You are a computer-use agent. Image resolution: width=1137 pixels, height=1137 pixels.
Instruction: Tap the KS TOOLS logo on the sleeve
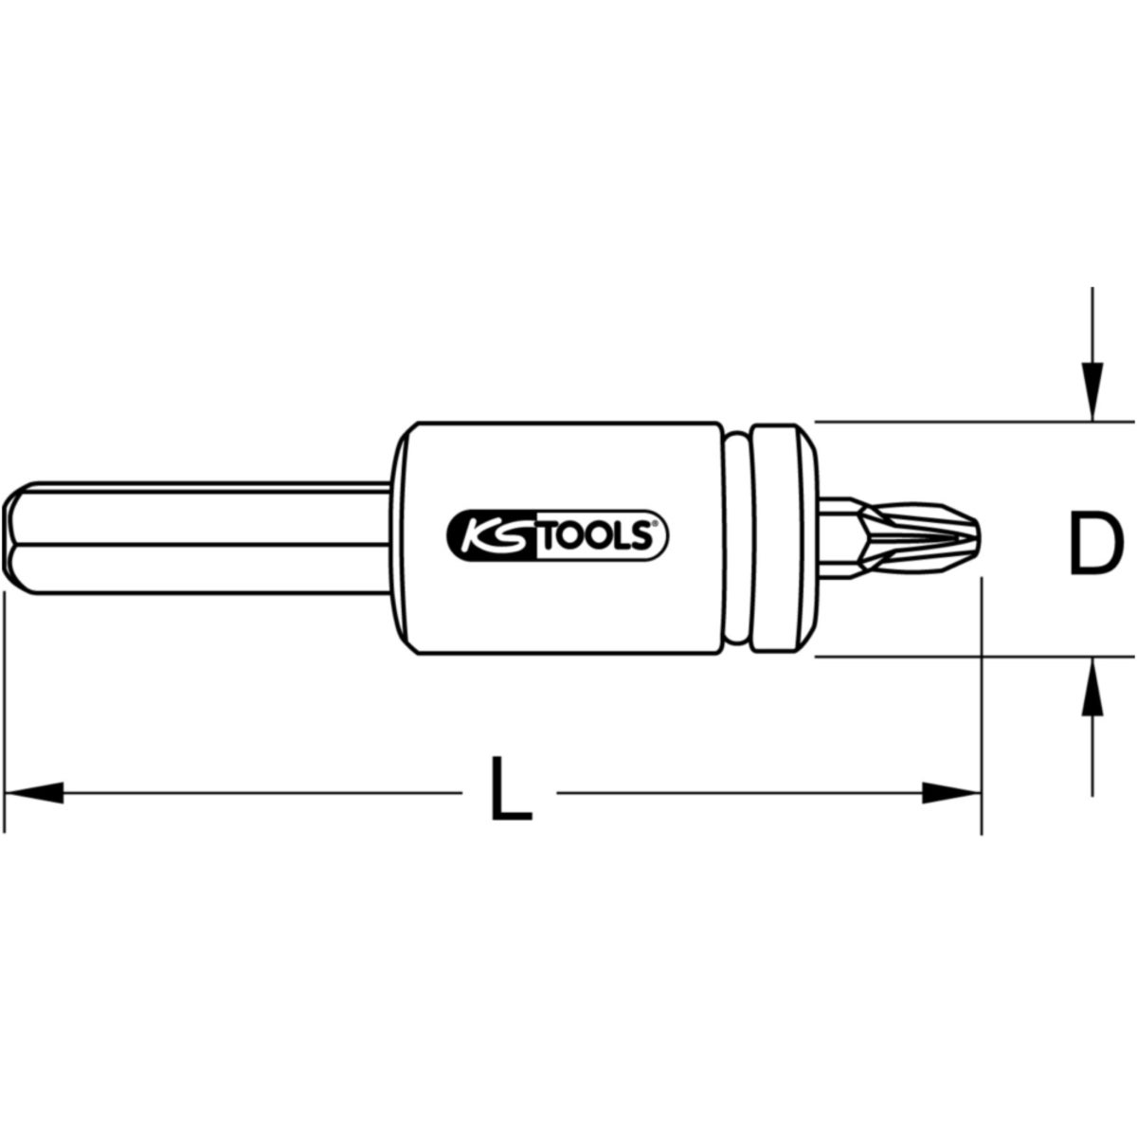557,535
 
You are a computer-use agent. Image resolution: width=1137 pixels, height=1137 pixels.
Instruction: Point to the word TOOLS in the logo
598,536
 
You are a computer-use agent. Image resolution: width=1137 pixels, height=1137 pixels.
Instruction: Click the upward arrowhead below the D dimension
1092,687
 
